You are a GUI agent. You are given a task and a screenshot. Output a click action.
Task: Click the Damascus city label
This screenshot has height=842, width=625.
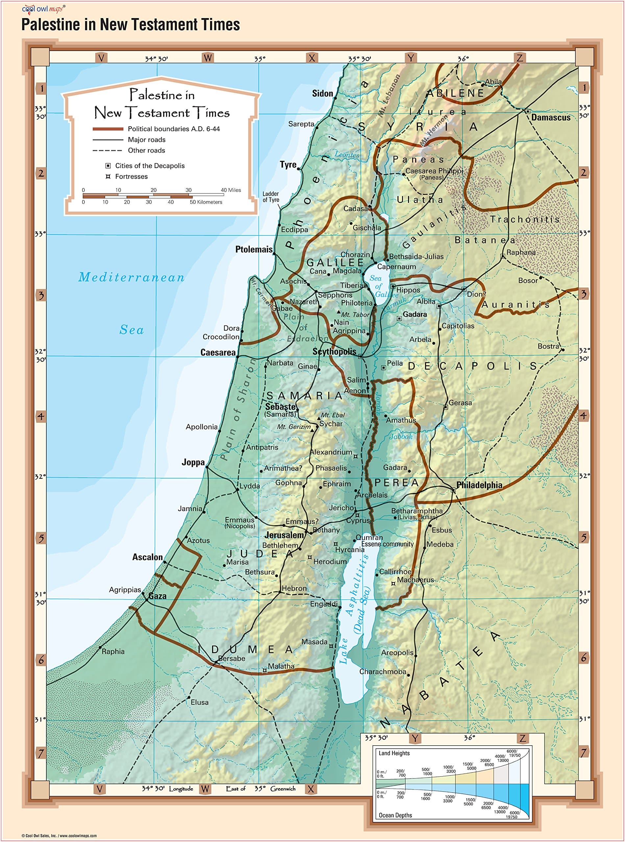550,117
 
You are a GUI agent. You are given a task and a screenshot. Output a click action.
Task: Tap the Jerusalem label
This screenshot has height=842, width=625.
284,535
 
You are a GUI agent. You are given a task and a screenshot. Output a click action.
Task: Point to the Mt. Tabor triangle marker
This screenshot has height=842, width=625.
339,312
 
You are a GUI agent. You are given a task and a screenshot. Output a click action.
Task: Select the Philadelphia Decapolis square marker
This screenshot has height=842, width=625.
453,490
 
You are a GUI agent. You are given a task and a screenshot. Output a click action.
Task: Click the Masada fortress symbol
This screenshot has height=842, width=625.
331,646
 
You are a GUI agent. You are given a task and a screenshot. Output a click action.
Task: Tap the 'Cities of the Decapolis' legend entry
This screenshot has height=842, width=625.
150,166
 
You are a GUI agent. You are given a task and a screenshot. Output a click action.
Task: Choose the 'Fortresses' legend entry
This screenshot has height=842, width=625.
131,176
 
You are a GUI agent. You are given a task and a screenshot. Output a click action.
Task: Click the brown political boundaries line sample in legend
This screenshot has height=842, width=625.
108,129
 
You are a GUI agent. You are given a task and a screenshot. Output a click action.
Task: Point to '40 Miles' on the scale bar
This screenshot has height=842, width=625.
231,190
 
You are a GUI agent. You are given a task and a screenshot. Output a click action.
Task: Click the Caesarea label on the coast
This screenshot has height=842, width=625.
218,352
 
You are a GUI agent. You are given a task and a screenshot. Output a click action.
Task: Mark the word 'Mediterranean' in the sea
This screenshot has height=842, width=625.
131,277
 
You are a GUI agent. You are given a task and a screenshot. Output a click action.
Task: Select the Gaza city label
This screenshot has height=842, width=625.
157,596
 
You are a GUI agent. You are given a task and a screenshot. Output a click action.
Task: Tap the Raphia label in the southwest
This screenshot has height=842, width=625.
113,651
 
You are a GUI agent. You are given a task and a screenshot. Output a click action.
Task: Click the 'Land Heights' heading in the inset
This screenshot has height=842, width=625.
394,753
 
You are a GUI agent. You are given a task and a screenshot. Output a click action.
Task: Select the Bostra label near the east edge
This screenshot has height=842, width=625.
548,346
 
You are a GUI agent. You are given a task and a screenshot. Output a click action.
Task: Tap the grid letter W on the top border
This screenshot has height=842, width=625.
208,58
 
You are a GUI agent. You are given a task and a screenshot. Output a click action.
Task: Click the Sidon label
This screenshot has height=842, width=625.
322,93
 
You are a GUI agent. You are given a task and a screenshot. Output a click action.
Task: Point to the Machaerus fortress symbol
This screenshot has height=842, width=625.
393,583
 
